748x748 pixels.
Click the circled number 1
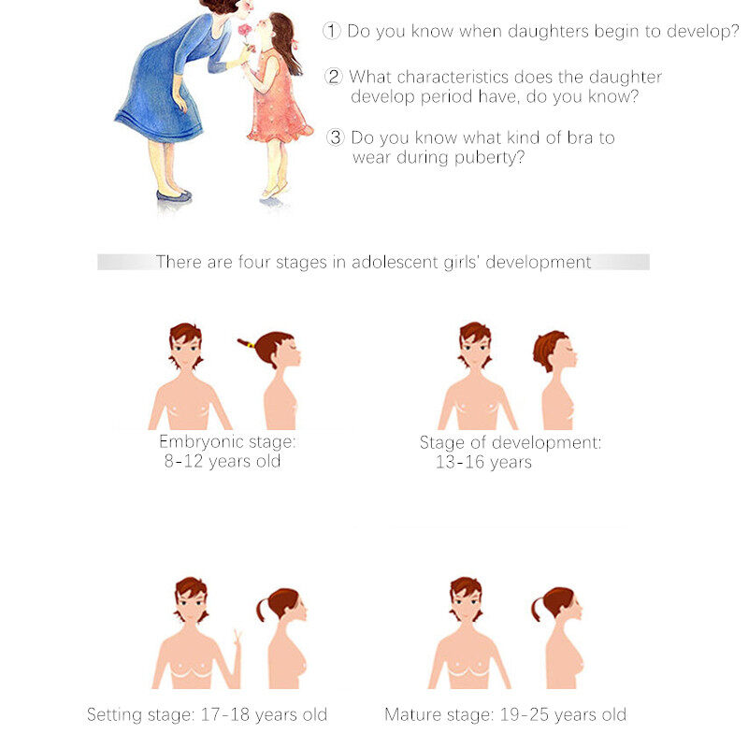(x=332, y=31)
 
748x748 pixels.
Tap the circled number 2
(x=334, y=77)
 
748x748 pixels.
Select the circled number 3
(x=336, y=137)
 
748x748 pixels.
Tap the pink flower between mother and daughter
(x=245, y=30)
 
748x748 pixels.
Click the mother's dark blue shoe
(x=174, y=195)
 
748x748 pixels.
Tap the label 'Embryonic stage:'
(x=227, y=441)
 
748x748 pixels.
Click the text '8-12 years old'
(x=223, y=461)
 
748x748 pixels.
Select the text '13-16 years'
(x=483, y=462)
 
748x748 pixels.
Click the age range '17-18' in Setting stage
(x=225, y=714)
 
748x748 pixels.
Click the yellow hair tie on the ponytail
(x=251, y=344)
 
